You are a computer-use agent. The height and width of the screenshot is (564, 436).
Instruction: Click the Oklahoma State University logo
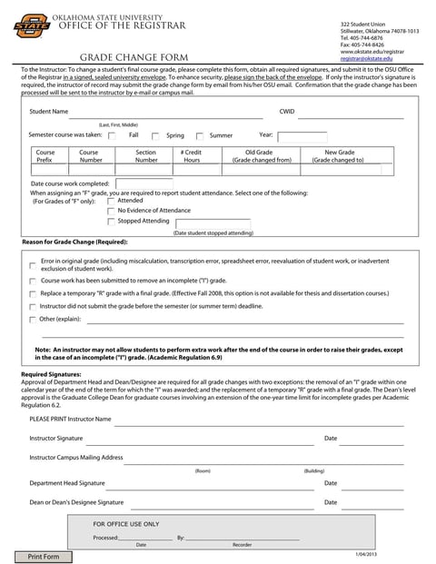pyautogui.click(x=32, y=27)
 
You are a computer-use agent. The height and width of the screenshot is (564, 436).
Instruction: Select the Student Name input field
pyautogui.click(x=168, y=112)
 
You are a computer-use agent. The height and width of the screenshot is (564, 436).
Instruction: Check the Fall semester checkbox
pyautogui.click(x=112, y=135)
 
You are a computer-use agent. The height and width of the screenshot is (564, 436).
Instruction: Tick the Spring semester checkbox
pyautogui.click(x=155, y=135)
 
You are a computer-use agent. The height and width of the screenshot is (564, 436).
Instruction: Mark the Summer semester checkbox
pyautogui.click(x=200, y=135)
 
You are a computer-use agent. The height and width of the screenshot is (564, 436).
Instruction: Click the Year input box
pyautogui.click(x=302, y=135)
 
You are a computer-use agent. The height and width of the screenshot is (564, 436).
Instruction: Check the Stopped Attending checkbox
pyautogui.click(x=111, y=221)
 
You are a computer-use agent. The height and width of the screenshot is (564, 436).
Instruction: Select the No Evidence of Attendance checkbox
pyautogui.click(x=111, y=211)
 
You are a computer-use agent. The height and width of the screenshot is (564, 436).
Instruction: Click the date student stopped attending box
pyautogui.click(x=213, y=223)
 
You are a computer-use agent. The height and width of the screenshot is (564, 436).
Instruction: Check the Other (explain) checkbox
pyautogui.click(x=33, y=320)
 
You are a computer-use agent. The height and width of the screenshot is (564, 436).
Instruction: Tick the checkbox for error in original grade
pyautogui.click(x=33, y=265)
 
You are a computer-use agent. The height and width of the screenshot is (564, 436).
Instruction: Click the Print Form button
pyautogui.click(x=43, y=556)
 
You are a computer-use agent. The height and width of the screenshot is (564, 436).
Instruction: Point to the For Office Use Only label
pyautogui.click(x=126, y=524)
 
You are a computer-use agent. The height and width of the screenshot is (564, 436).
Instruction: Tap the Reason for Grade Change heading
pyautogui.click(x=74, y=242)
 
